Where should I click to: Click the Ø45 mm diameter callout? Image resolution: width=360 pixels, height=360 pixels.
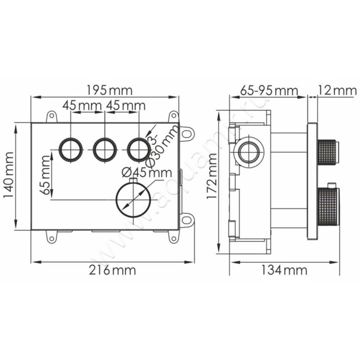pos(147,172)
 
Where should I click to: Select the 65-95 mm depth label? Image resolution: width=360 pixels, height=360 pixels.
pos(269,90)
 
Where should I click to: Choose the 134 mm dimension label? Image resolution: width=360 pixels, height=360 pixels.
pos(284,270)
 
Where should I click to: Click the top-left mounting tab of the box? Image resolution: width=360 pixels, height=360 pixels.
pos(51,117)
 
